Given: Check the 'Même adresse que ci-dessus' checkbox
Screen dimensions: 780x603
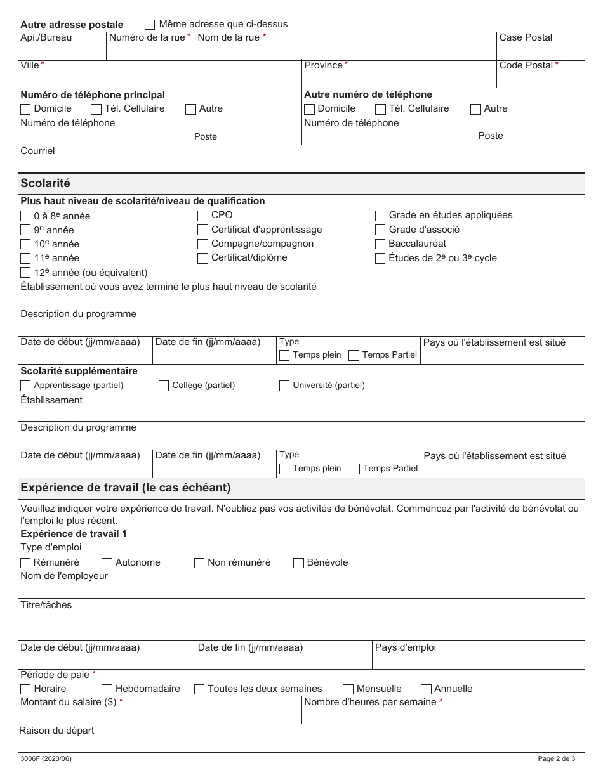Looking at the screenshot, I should pos(150,25).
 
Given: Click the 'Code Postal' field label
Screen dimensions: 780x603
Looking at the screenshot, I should pos(526,65).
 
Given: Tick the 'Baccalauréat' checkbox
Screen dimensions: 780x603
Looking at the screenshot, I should pos(380,244).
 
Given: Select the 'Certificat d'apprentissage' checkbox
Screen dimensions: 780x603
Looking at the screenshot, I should pos(202,230).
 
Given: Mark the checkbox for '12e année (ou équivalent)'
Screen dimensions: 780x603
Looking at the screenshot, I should pos(25,273).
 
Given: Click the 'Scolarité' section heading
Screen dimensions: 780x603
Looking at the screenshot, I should pos(45,183).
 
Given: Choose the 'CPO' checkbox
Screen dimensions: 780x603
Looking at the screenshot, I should pos(202,216).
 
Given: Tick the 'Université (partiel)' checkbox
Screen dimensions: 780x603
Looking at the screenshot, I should pos(284,386).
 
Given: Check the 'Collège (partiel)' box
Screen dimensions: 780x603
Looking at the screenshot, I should pos(164,386).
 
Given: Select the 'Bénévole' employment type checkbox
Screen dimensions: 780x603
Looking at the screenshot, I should pos(298,563).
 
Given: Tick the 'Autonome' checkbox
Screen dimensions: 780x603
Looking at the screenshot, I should pos(107,563).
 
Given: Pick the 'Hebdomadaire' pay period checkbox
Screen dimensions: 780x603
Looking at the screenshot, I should pos(107,689).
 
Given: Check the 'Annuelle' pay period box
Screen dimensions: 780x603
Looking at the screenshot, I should pos(426,689).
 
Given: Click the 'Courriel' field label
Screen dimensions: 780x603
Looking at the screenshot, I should pos(37,151).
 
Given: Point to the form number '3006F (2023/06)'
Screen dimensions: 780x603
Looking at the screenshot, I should pos(46,758).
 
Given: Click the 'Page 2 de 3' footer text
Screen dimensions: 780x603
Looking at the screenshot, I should pos(556,758).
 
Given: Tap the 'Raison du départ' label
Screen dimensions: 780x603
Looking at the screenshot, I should pos(56,731).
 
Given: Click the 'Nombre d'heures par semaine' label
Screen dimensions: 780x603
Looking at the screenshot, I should pos(370,702).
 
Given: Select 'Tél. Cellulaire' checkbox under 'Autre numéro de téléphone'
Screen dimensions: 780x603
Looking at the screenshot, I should pos(380,109).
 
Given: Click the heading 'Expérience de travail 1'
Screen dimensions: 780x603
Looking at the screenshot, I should pos(74,534).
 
